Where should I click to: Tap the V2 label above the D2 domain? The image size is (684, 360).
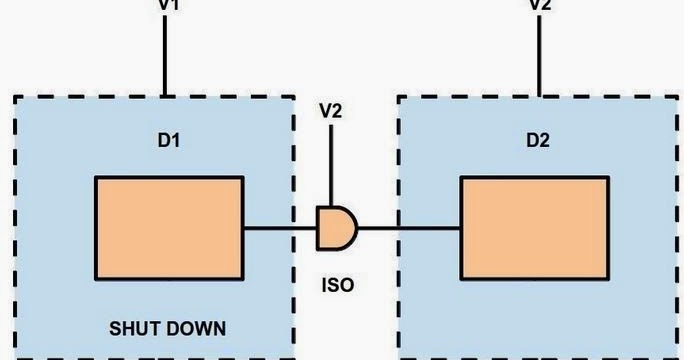pos(539,4)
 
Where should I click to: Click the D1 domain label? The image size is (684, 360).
pos(168,140)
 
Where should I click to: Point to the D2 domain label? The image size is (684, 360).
pos(538,140)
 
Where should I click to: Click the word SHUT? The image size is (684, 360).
pos(137,328)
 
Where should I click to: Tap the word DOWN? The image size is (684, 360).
pos(197,328)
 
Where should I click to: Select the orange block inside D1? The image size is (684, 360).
pos(169,228)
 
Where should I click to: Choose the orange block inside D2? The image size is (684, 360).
pos(534,228)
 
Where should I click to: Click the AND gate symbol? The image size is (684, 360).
pos(335,228)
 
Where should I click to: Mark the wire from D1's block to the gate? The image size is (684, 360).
pos(280,228)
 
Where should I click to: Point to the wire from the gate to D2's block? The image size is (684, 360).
pos(408,228)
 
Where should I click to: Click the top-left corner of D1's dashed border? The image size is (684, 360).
pos(15,97)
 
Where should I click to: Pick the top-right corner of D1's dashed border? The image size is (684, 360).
pos(293,97)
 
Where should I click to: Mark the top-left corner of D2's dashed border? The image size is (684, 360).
pos(399,97)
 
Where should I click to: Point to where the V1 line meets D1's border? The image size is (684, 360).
pos(166,97)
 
